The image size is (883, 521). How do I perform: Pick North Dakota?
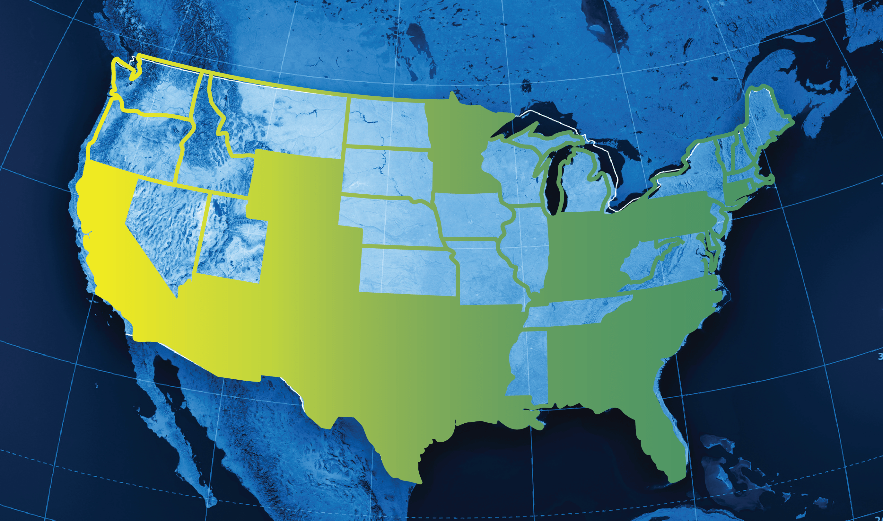tap(386, 123)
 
